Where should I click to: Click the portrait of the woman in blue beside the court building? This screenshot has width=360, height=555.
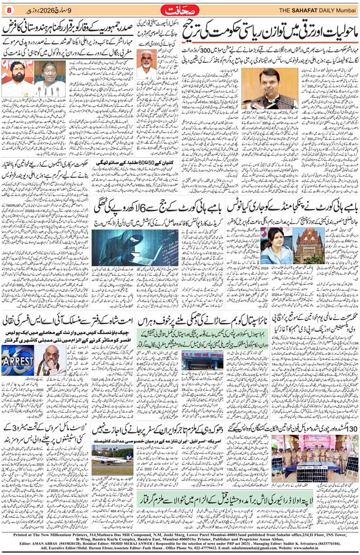click(x=275, y=246)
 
